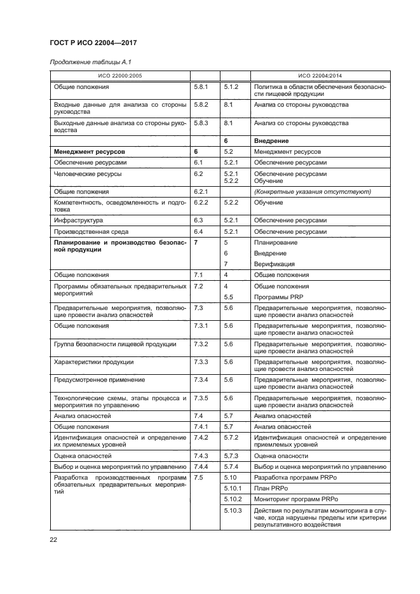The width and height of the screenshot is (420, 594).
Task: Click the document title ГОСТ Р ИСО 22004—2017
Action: coord(93,43)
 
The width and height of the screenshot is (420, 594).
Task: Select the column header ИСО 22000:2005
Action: coord(119,76)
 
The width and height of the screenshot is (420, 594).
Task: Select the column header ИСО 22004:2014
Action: coord(320,76)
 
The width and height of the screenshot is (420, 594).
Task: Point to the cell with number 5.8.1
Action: coord(201,87)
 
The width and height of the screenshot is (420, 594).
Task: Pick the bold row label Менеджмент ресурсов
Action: coord(90,152)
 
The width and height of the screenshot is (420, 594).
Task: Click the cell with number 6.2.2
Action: coord(201,202)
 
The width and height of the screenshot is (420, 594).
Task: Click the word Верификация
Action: coord(274,264)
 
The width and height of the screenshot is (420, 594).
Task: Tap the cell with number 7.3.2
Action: coord(201,344)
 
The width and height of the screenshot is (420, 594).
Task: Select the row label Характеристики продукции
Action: coord(93,362)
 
